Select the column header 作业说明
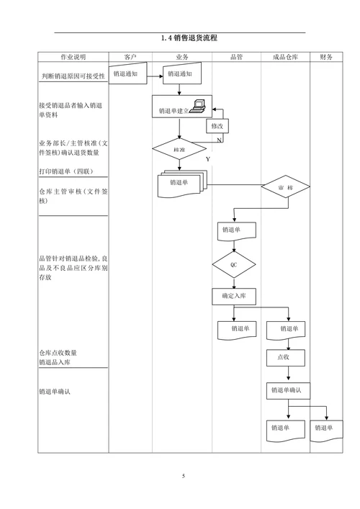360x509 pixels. click(72, 57)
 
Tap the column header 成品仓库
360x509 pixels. click(285, 57)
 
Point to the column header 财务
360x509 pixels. click(326, 57)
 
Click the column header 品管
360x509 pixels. click(235, 57)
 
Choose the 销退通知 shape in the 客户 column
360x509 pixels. click(127, 73)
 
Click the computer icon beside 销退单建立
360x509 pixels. click(199, 106)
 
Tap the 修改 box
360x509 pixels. click(217, 126)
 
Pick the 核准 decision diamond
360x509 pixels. click(180, 149)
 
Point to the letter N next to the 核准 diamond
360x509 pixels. click(219, 140)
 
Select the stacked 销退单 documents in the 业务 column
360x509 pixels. click(181, 184)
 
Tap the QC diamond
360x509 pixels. click(233, 265)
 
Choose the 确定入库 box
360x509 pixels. click(234, 296)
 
